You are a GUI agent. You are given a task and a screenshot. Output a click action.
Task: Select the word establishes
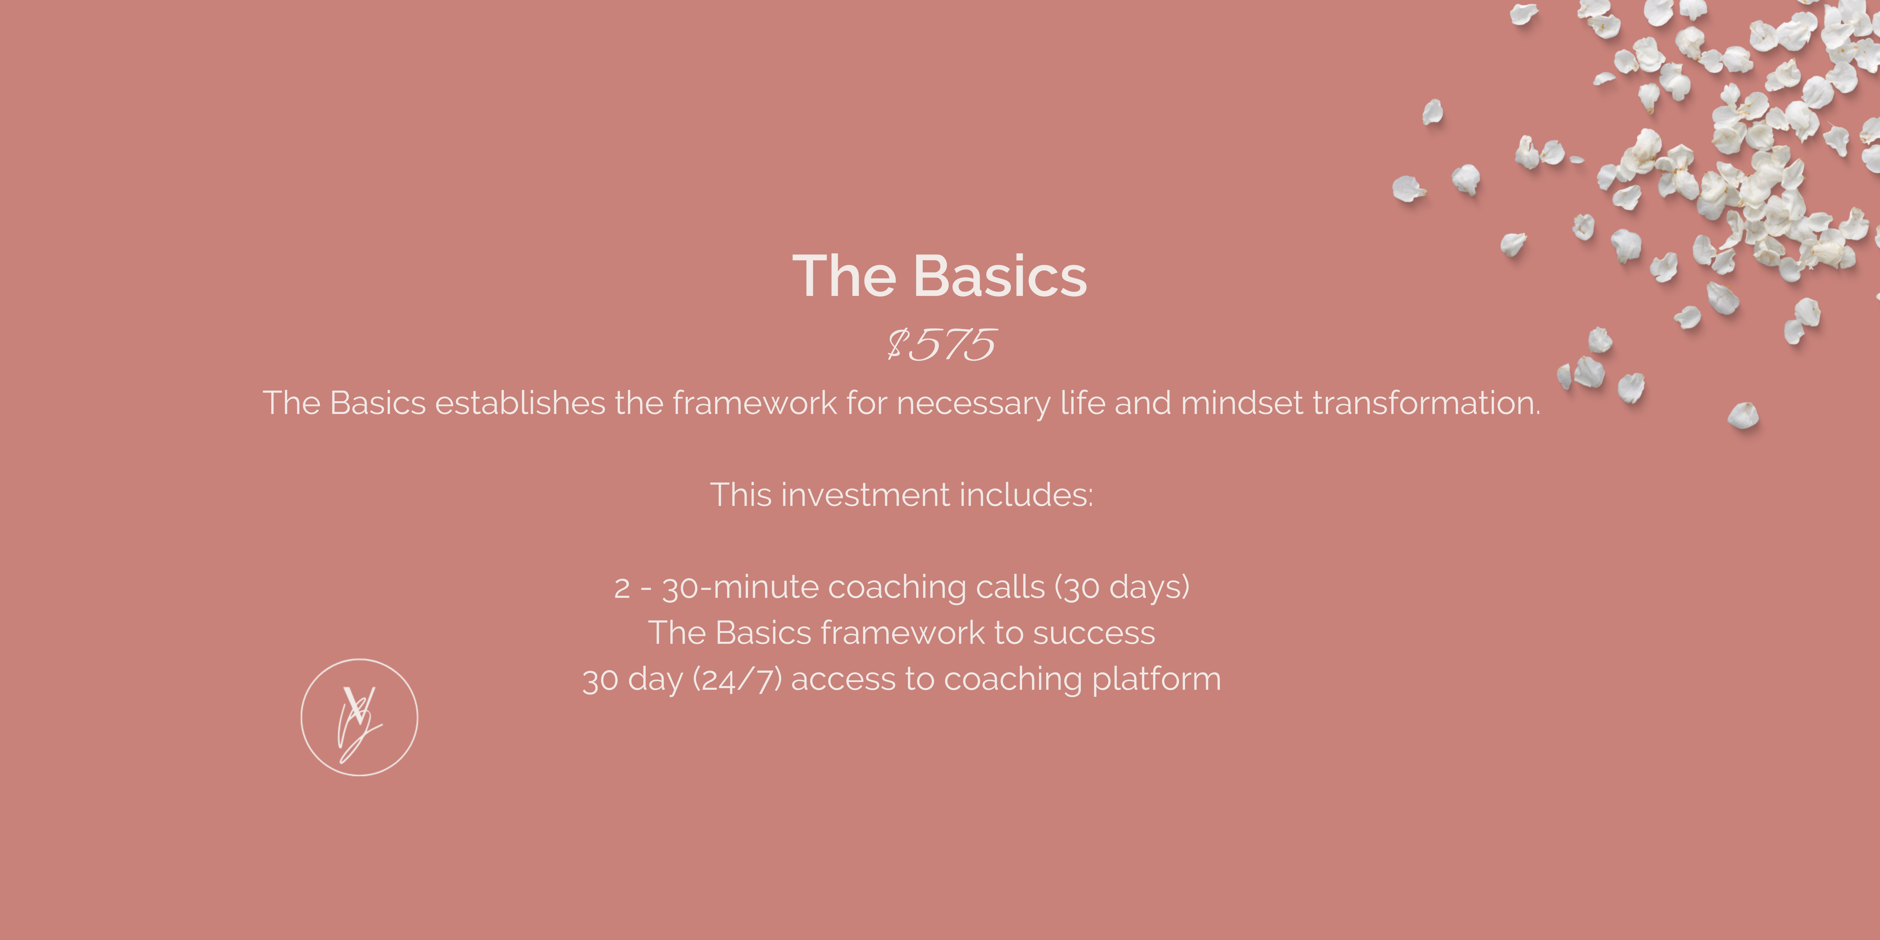pos(520,403)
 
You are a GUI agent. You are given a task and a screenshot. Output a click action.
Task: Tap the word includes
pos(1026,495)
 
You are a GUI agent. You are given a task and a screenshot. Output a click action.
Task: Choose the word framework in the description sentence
pos(755,403)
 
